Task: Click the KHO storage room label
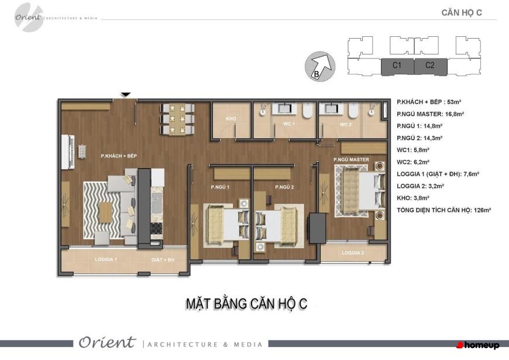coord(231,119)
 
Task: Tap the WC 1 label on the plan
coord(289,124)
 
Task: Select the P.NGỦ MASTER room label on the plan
coord(351,160)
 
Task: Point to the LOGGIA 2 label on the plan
coord(353,253)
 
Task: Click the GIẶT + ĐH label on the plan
coord(163,259)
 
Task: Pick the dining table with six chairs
coord(177,119)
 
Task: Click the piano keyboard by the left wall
coord(68,152)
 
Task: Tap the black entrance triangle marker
coord(126,95)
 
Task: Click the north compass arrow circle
coord(320,66)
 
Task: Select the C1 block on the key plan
coord(397,67)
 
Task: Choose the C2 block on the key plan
coord(431,67)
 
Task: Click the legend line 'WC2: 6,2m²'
coord(413,162)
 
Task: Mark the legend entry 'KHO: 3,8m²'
coord(413,198)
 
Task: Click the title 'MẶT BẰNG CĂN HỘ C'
coord(246,304)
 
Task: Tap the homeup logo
coord(478,345)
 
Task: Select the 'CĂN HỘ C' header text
coord(462,13)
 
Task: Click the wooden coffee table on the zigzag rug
coord(105,212)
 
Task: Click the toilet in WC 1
coord(307,110)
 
